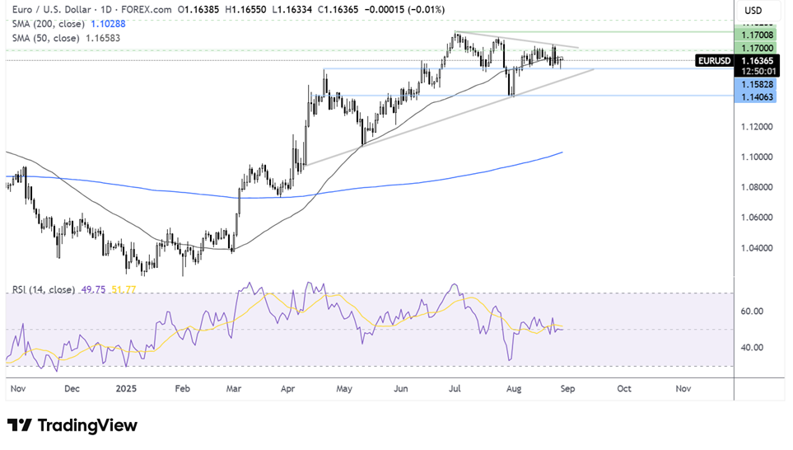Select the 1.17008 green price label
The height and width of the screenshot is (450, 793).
pyautogui.click(x=758, y=35)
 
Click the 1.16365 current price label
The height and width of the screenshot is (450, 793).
pyautogui.click(x=758, y=60)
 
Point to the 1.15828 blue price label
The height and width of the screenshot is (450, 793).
pyautogui.click(x=758, y=84)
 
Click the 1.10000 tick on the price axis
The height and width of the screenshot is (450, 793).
pyautogui.click(x=758, y=157)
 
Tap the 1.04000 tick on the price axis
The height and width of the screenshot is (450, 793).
pyautogui.click(x=758, y=247)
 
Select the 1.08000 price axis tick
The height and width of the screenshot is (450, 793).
pyautogui.click(x=758, y=187)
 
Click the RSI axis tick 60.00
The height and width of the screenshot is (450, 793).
pyautogui.click(x=753, y=312)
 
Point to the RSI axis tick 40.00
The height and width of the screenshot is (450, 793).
pyautogui.click(x=753, y=348)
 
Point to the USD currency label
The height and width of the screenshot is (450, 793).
pyautogui.click(x=753, y=10)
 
